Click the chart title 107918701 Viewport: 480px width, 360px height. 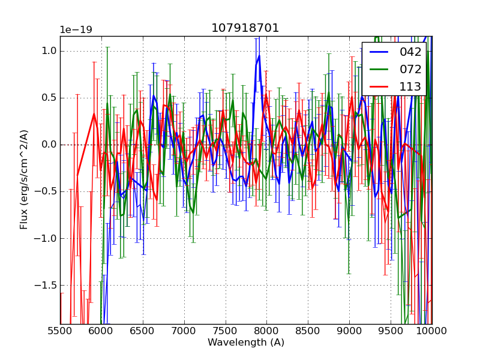point(245,28)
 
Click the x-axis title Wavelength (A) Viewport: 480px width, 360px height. point(246,343)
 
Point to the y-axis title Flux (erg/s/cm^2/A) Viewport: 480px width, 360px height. point(25,179)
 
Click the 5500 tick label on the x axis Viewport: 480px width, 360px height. point(60,331)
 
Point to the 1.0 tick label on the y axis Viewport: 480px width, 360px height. point(49,51)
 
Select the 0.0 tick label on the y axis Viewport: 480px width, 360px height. point(49,145)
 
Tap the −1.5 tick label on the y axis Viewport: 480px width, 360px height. point(46,286)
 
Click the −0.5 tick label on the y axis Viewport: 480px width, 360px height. point(46,191)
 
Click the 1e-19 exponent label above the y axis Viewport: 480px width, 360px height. point(76,30)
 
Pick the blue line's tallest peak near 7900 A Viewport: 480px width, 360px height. point(259,56)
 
